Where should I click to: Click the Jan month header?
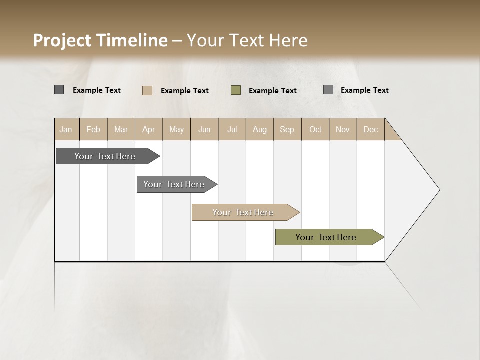(66, 130)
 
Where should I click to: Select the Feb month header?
(93, 130)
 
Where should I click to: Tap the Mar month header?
(121, 130)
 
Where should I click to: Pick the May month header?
(176, 130)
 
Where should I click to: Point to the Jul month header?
(232, 130)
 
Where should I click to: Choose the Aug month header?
(260, 130)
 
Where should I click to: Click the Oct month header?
(315, 130)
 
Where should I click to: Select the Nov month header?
(343, 130)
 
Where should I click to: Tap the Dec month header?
(370, 130)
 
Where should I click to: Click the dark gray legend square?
(59, 90)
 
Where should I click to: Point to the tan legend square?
(147, 90)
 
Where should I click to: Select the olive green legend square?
(236, 90)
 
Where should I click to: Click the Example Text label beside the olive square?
(272, 91)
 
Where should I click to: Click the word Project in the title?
(62, 40)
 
